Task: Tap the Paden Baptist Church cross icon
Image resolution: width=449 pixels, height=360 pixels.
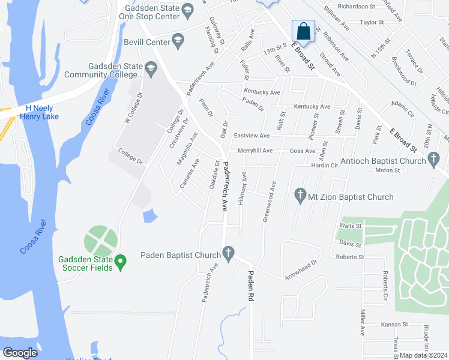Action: (x=228, y=255)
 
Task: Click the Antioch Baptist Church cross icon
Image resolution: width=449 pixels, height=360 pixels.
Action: (x=435, y=160)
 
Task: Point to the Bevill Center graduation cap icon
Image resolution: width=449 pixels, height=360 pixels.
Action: (x=178, y=41)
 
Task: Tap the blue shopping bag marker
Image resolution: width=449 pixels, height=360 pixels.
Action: (x=304, y=31)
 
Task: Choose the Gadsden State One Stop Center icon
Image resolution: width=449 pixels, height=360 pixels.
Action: (x=187, y=10)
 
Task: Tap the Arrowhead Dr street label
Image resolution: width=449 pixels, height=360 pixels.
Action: (x=301, y=271)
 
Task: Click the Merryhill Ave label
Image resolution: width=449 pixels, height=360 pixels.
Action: (x=255, y=151)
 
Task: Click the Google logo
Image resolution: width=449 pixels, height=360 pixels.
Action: (x=20, y=352)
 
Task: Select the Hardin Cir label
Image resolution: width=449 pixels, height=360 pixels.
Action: (x=325, y=165)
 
